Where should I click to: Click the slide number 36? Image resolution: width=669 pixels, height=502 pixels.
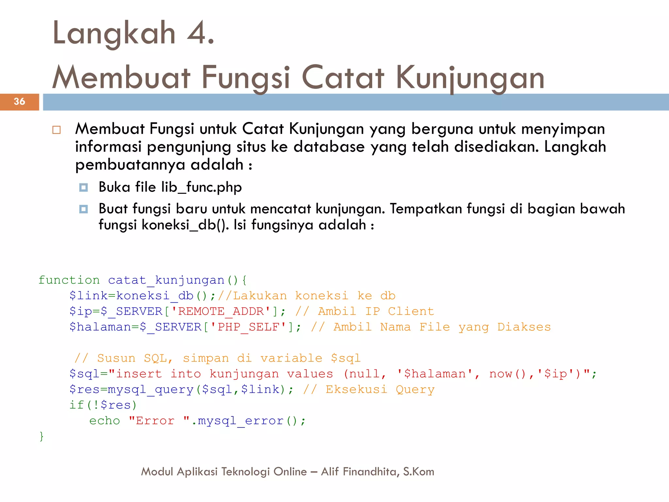pyautogui.click(x=19, y=102)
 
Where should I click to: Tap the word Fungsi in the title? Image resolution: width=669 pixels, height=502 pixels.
pyautogui.click(x=245, y=78)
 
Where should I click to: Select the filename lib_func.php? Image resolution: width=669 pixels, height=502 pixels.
pyautogui.click(x=202, y=187)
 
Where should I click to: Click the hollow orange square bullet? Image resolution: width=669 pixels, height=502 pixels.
pyautogui.click(x=57, y=130)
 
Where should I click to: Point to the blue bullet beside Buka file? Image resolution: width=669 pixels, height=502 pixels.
pyautogui.click(x=84, y=188)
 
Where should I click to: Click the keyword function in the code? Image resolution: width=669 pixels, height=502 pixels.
pyautogui.click(x=69, y=280)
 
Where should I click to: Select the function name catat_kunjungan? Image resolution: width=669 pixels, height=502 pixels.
pyautogui.click(x=166, y=280)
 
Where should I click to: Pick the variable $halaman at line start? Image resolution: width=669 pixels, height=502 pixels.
pyautogui.click(x=100, y=327)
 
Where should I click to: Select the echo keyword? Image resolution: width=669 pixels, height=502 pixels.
pyautogui.click(x=105, y=421)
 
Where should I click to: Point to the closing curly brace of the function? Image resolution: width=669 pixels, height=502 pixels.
pyautogui.click(x=41, y=436)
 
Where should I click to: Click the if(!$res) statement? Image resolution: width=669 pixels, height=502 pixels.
pyautogui.click(x=103, y=405)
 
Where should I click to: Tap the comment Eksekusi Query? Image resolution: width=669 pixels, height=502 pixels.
pyautogui.click(x=380, y=389)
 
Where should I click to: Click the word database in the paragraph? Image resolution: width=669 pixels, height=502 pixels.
pyautogui.click(x=329, y=147)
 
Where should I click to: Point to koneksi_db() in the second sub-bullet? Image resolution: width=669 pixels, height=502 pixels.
pyautogui.click(x=185, y=225)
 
